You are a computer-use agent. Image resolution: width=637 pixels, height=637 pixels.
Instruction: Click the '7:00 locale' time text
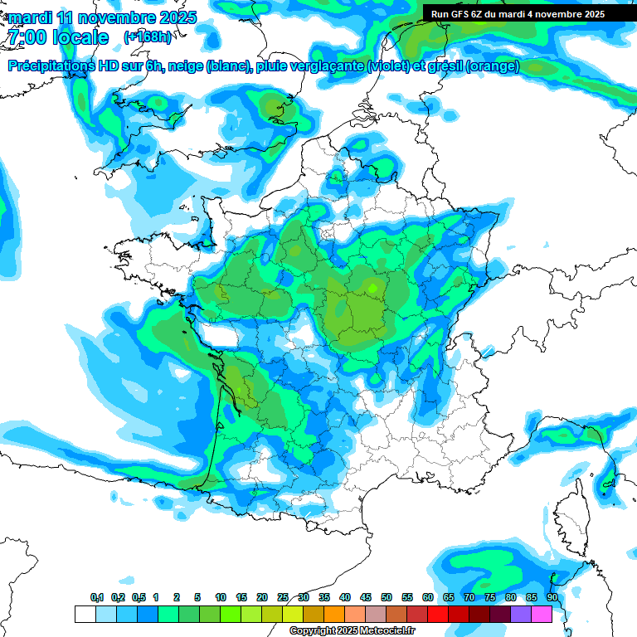58,37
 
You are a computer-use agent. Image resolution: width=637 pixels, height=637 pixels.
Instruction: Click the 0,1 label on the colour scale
96,597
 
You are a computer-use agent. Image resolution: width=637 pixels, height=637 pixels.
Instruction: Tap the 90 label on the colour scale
552,597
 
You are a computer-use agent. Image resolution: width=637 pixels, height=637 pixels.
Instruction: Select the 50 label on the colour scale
387,597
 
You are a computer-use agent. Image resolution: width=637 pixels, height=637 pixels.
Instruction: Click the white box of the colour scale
85,614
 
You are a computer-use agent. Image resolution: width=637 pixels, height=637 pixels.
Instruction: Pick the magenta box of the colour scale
541,614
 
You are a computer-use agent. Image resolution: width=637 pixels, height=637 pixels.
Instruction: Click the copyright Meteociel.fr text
352,631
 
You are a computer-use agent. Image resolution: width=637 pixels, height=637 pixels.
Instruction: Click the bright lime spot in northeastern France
372,287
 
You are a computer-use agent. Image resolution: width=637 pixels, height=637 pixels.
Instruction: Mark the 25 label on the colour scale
283,597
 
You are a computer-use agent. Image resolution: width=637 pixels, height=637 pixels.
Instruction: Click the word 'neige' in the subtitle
186,66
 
